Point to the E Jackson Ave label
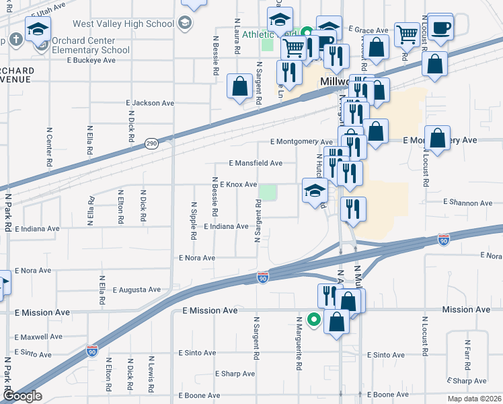(150, 103)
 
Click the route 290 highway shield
(152, 144)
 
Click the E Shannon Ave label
(468, 203)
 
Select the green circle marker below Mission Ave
(313, 319)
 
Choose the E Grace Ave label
(369, 30)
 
